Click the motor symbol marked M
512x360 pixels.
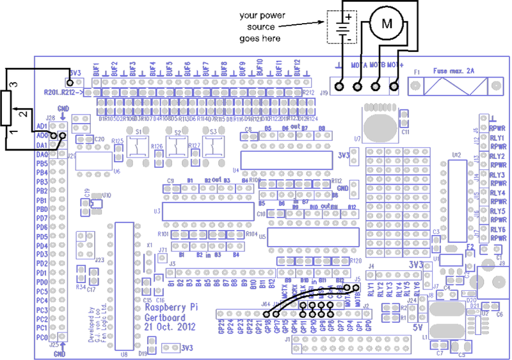pos(387,24)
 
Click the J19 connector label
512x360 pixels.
pos(324,94)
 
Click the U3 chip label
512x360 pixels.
pos(157,211)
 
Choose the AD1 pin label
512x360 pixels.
pos(42,127)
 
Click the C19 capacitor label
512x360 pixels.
pos(86,192)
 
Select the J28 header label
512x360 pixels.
pos(51,119)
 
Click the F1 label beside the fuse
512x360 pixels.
pos(418,72)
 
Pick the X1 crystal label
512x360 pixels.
pos(150,246)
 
